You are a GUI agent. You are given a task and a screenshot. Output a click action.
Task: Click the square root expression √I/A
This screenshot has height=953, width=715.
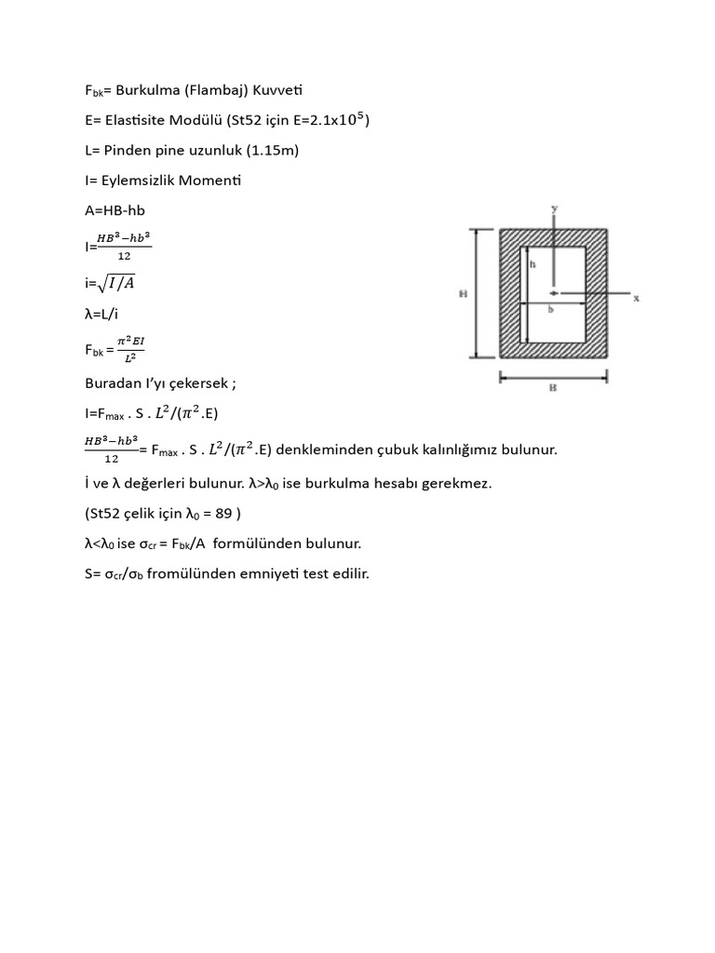pos(118,283)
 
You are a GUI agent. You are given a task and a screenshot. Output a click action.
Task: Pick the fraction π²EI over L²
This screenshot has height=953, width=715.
pos(131,350)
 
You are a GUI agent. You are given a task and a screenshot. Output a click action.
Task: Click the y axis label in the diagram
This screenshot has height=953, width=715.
pos(554,210)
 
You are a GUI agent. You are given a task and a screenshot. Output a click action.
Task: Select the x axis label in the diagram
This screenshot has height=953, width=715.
pos(636,299)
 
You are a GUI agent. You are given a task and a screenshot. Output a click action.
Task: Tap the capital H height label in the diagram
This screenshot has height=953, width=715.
pos(462,293)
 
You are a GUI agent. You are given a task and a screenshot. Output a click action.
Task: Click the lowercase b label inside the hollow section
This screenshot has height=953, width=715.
pos(550,309)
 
